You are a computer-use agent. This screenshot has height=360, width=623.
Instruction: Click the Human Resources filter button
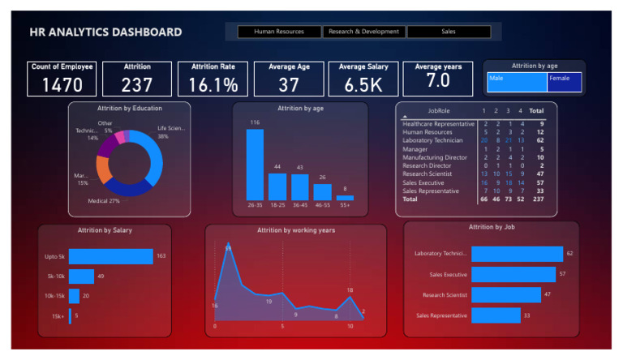tap(278, 32)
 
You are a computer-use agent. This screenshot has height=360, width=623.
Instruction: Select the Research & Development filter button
tap(363, 32)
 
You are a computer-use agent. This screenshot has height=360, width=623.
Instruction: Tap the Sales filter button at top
tap(449, 32)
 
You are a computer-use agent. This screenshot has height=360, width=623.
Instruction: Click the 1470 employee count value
tap(62, 84)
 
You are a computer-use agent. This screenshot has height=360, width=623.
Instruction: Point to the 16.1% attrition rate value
tap(213, 84)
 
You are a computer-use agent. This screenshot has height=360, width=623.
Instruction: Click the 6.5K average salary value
tap(363, 84)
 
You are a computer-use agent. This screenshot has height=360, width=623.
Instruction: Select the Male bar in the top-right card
tap(517, 82)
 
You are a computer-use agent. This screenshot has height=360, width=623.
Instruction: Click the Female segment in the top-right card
tap(565, 82)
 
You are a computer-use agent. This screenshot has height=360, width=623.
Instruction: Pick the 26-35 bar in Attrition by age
tap(255, 165)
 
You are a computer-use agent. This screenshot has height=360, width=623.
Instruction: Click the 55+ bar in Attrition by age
tap(345, 198)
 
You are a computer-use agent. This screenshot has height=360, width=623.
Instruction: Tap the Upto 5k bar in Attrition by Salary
tap(111, 256)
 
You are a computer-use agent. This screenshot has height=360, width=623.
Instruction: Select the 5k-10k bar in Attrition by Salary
tap(81, 276)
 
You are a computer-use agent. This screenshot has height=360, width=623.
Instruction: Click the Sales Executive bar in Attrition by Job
tap(513, 274)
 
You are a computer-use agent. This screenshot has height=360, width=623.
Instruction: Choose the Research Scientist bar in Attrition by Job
tap(505, 294)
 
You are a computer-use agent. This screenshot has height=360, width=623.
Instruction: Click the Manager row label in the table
tap(415, 149)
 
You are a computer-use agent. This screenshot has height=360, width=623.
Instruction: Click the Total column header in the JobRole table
tap(536, 110)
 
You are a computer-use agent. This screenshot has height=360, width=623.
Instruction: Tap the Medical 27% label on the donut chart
tap(103, 200)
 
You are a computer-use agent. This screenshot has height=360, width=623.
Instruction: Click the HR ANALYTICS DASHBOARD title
tap(105, 32)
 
